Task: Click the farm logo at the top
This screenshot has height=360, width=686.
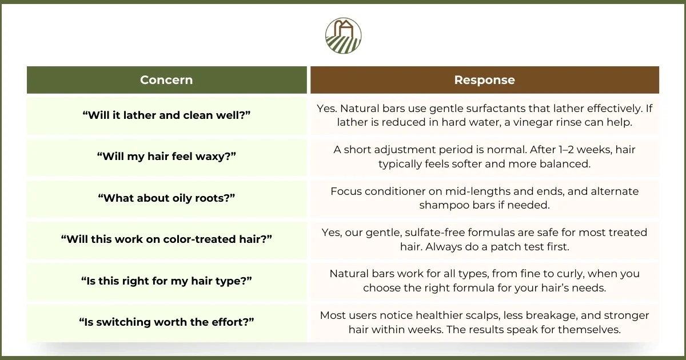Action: pyautogui.click(x=343, y=35)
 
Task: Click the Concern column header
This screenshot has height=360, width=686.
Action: pyautogui.click(x=166, y=80)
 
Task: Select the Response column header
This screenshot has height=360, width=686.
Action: pyautogui.click(x=484, y=80)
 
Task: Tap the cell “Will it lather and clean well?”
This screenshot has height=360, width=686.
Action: pyautogui.click(x=166, y=115)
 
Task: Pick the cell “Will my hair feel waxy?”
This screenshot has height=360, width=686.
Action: pyautogui.click(x=166, y=157)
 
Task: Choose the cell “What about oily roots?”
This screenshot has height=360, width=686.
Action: pyautogui.click(x=166, y=198)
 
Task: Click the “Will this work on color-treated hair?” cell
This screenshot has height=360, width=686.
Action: pyautogui.click(x=166, y=239)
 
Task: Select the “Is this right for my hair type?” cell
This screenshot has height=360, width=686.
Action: pyautogui.click(x=166, y=281)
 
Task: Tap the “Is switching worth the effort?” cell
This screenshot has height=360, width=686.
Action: pyautogui.click(x=166, y=322)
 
